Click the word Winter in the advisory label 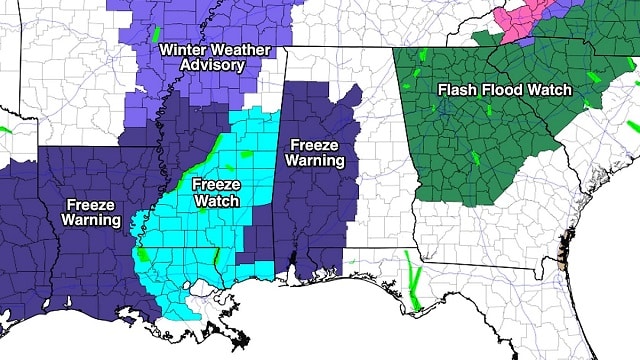point(182,48)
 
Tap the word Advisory point(212,65)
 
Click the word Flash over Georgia point(457,90)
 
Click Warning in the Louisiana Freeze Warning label point(91,220)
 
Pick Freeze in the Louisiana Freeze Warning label point(91,205)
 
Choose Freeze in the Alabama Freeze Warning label point(313,144)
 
